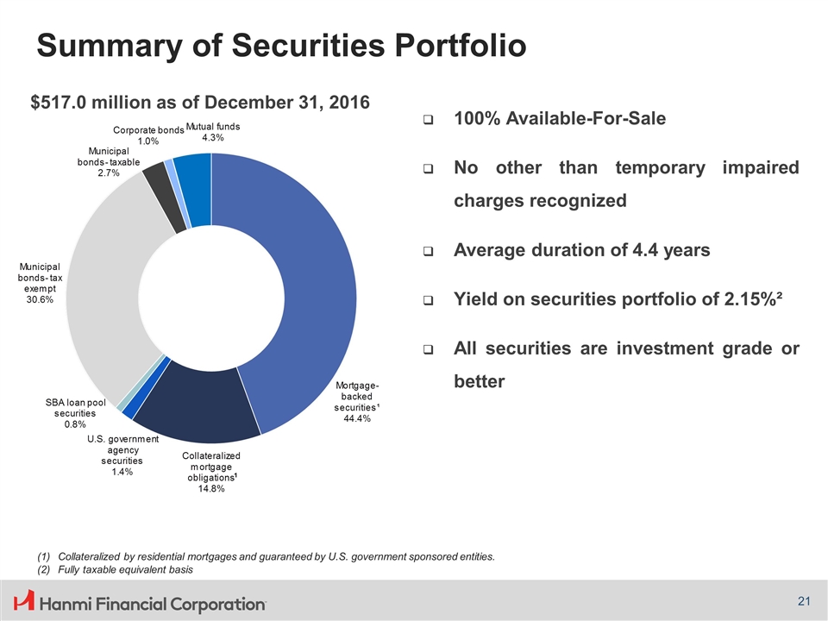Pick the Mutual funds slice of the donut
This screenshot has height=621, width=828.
194,185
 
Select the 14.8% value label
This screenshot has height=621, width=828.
210,488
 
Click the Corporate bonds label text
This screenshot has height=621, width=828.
148,129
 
